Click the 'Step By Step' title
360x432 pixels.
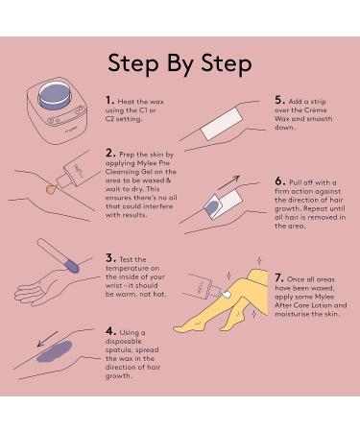tap(180, 64)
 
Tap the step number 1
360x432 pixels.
tap(109, 100)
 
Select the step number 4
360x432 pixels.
tap(110, 331)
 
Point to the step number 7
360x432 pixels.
tap(278, 277)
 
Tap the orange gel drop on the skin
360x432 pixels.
tap(51, 189)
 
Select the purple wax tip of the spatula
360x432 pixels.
tap(71, 266)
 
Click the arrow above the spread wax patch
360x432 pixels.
tap(47, 339)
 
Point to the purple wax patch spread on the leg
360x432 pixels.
tap(54, 351)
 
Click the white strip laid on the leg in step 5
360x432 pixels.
tap(221, 124)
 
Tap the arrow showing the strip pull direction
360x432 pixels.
tap(228, 182)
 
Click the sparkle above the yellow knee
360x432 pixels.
tap(259, 260)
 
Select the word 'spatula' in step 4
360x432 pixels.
tap(117, 350)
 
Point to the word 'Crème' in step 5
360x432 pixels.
tap(315, 109)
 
